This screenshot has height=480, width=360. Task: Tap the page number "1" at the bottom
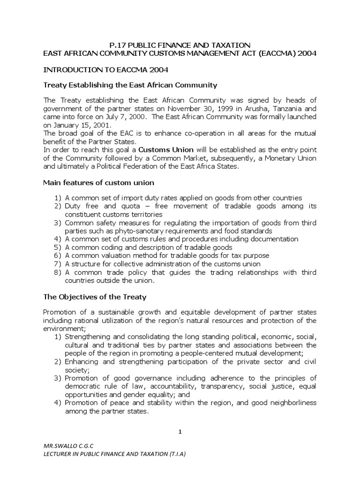click(180, 432)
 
